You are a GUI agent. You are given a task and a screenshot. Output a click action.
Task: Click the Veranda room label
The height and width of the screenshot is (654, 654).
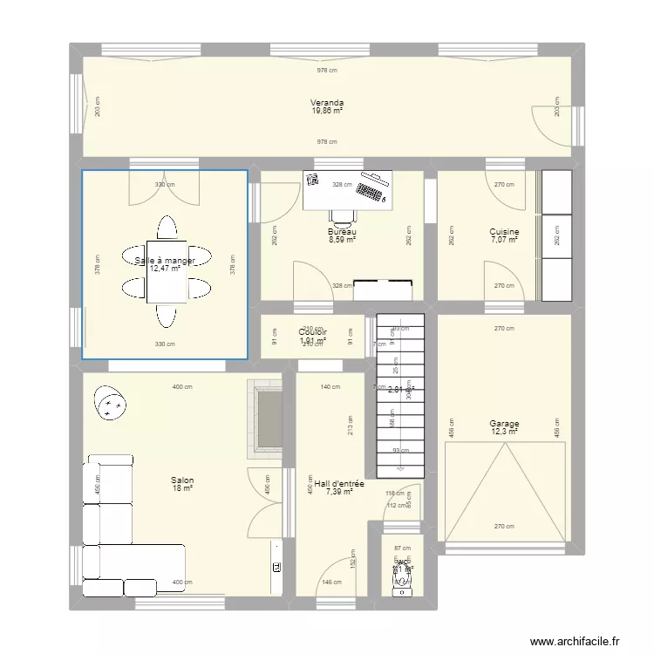point(327,102)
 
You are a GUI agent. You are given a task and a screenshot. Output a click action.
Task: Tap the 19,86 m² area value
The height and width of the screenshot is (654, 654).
point(327,111)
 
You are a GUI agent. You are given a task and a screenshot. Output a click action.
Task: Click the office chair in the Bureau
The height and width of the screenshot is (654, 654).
point(342,217)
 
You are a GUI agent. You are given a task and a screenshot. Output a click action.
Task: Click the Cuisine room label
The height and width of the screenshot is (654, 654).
point(504,232)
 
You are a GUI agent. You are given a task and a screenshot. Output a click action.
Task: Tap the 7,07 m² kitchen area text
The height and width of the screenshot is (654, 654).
point(504,240)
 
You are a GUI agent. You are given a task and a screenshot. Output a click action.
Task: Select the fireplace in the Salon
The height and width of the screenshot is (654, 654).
point(267,419)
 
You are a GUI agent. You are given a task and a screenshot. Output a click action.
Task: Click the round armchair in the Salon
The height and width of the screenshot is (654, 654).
point(110,403)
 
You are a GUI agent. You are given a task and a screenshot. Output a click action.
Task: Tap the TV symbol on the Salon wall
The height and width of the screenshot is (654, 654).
point(276,567)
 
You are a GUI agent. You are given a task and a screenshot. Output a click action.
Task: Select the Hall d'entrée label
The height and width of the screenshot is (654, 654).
point(338,482)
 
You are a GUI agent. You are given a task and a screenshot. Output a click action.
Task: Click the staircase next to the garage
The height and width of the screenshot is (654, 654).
point(400,392)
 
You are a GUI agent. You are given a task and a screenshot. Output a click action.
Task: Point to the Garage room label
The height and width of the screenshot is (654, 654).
point(504,424)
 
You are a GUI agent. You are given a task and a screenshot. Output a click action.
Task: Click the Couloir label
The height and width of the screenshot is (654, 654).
point(312,332)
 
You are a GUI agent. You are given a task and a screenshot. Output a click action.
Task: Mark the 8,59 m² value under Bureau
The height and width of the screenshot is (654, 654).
point(342,240)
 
